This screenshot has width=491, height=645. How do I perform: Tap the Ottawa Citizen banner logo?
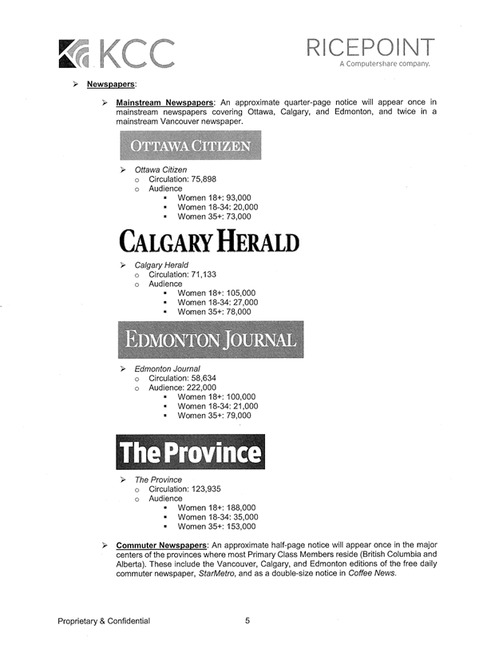point(190,146)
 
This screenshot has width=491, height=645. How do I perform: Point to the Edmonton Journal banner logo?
point(211,340)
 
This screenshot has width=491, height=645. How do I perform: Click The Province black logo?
point(190,452)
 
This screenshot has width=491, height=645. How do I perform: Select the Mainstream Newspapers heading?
point(164,103)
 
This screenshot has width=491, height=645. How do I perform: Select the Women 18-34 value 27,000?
point(241,303)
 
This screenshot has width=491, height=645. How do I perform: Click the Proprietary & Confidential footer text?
point(103,621)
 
